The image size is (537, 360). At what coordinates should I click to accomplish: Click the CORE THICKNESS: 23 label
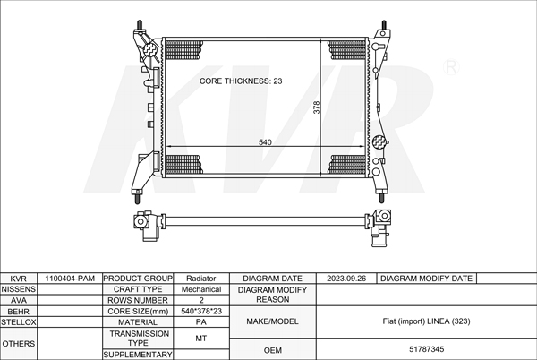(241, 81)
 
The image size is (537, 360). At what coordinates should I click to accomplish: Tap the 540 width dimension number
(265, 142)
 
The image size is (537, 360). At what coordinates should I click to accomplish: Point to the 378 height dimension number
(317, 107)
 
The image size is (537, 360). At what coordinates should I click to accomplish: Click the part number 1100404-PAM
(70, 279)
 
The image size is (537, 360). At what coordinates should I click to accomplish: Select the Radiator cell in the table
(201, 279)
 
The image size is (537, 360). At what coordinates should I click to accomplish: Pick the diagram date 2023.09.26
(346, 279)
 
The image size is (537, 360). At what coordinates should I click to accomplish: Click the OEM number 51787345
(427, 349)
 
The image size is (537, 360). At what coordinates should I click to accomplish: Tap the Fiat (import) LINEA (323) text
(426, 321)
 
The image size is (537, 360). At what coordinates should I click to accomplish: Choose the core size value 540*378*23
(201, 311)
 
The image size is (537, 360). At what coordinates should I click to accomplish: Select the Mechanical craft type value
(201, 289)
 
